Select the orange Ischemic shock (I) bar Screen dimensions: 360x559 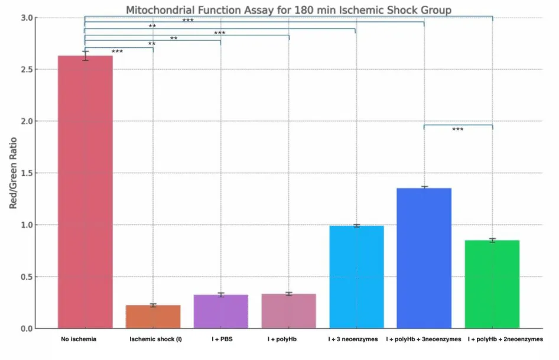[153, 317]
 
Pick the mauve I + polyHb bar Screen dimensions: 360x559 [289, 311]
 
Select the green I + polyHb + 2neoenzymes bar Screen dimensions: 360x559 [492, 284]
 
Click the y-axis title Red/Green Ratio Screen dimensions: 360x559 [12, 173]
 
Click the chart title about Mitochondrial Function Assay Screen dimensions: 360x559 [289, 10]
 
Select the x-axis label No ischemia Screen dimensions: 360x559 [79, 339]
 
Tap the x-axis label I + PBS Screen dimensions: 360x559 [221, 339]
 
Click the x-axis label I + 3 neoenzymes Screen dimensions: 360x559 [353, 339]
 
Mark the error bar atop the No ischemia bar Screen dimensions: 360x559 [85, 56]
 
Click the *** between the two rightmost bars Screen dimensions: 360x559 [458, 129]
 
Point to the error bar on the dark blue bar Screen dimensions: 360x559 [424, 187]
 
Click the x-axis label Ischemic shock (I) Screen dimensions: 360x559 [155, 339]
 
